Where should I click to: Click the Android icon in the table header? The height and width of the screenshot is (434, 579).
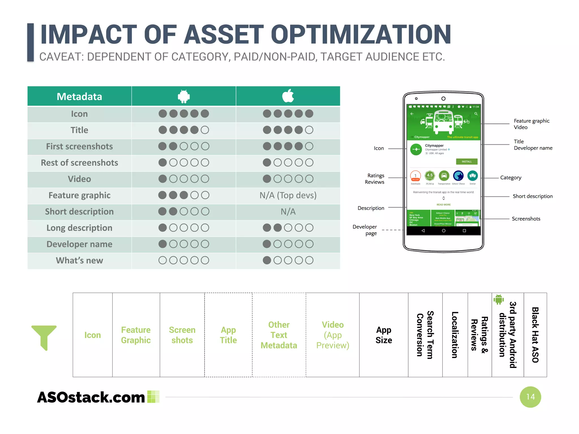(x=184, y=96)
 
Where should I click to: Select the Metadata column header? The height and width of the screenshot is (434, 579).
(x=79, y=97)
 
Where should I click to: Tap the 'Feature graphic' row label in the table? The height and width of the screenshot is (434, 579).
(x=79, y=195)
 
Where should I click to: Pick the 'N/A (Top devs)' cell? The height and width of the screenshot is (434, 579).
(x=288, y=195)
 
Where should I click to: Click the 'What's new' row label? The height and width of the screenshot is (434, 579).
(x=79, y=261)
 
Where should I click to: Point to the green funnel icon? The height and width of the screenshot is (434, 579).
(x=44, y=337)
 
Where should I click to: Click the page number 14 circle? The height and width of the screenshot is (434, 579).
(x=530, y=397)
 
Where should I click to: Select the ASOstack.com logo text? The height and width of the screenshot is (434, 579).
(x=91, y=397)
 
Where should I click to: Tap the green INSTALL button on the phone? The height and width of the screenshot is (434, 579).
(x=466, y=162)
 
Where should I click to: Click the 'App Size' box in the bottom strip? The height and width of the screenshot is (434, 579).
(x=384, y=335)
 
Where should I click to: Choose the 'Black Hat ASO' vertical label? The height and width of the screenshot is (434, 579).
(x=535, y=335)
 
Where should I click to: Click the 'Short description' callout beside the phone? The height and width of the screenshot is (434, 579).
(x=532, y=196)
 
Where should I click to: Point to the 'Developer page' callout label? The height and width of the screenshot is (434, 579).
(x=365, y=230)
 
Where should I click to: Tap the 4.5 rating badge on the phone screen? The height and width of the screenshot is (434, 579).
(x=430, y=175)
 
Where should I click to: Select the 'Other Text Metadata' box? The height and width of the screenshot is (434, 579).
(x=279, y=335)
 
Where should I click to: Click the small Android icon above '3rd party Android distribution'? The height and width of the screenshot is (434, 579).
(x=498, y=299)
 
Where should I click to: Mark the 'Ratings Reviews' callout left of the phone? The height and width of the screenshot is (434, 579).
(x=375, y=179)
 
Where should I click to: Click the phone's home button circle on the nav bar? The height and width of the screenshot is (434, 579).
(x=444, y=231)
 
